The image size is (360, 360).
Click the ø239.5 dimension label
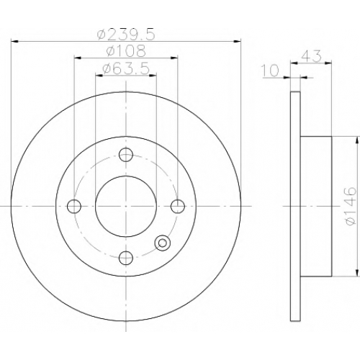[x=126, y=35]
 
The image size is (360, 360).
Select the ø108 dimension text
[x=126, y=51]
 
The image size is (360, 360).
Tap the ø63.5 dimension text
[x=126, y=69]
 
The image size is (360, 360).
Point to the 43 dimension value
[x=311, y=56]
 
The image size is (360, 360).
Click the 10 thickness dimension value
[x=270, y=71]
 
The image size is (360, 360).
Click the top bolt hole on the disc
[x=126, y=154]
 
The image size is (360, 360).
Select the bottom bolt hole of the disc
[x=126, y=258]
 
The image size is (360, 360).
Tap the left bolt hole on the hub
[x=74, y=206]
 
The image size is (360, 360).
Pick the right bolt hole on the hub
[x=178, y=206]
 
